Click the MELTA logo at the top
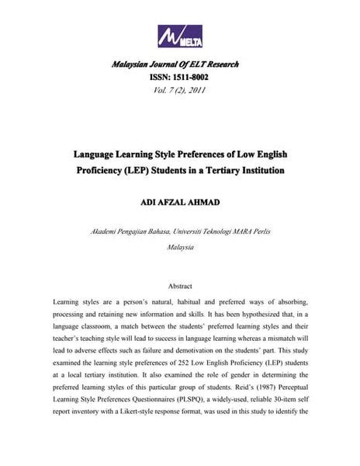179,37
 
